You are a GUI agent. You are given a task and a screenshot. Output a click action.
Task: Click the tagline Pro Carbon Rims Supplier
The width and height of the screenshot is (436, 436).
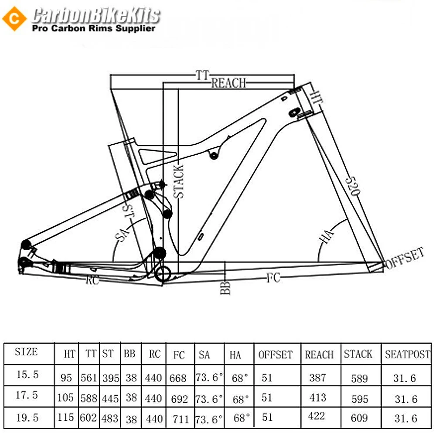click(x=94, y=28)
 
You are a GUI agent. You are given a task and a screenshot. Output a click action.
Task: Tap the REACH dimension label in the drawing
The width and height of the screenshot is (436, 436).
click(x=228, y=83)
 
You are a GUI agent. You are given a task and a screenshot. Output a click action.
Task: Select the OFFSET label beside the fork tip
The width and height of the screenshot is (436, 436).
click(x=404, y=258)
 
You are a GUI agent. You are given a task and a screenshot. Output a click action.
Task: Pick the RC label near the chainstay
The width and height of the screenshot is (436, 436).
click(x=92, y=281)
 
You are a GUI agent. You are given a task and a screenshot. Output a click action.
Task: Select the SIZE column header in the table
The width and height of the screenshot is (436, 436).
click(x=26, y=352)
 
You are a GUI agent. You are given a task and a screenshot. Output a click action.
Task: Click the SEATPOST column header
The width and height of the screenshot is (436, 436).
click(x=407, y=354)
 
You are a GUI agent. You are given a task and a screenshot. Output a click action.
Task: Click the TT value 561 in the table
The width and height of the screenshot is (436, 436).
click(x=89, y=378)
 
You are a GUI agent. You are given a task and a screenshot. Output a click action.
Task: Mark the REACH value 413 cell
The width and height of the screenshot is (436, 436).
click(x=317, y=397)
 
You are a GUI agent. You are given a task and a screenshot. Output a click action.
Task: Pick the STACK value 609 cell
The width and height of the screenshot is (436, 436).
click(x=359, y=418)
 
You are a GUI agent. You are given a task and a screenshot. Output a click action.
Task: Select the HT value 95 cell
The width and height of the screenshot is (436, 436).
click(x=66, y=378)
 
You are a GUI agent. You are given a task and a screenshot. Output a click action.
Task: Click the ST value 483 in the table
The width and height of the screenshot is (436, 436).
click(x=110, y=419)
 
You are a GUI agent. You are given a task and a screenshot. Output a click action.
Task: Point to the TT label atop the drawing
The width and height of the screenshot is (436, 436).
click(x=202, y=75)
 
